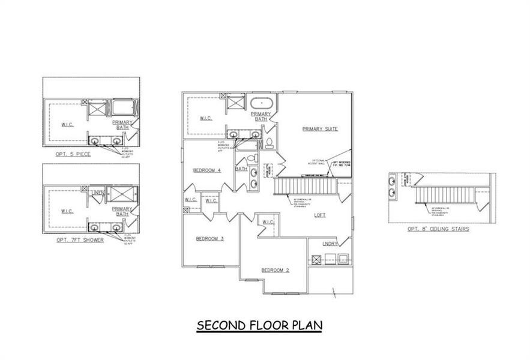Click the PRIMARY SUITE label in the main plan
(x=321, y=129)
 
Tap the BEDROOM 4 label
(x=207, y=170)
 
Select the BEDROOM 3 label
(x=209, y=239)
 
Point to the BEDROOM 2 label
(x=276, y=271)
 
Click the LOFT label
(x=320, y=215)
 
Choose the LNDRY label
(x=330, y=244)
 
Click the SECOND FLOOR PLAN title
(x=260, y=325)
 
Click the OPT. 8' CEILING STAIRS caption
(x=438, y=229)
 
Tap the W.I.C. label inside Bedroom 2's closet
(x=268, y=223)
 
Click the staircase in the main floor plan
(x=306, y=186)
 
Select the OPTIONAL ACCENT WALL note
(x=317, y=162)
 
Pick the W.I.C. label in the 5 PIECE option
(x=67, y=125)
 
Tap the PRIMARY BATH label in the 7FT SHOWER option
(x=122, y=211)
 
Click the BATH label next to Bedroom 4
(x=241, y=169)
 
